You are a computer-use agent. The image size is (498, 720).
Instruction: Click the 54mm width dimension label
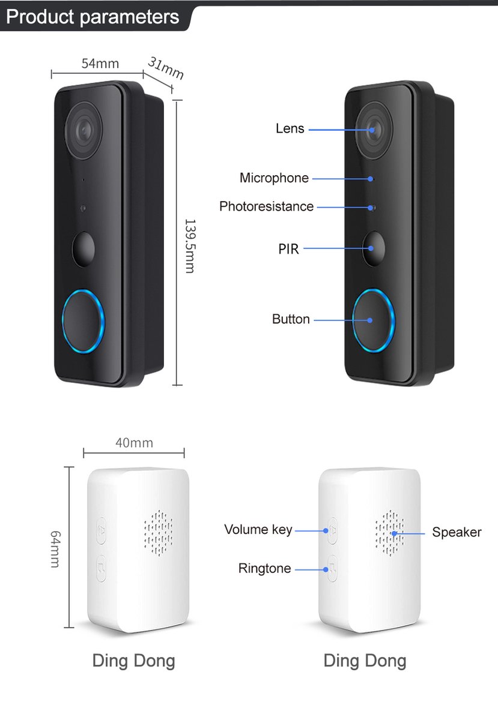(100, 64)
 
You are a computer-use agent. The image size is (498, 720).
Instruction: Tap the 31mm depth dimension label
(166, 68)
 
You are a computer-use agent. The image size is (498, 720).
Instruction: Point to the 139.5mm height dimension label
(190, 246)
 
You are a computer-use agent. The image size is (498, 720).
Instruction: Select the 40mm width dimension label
(134, 443)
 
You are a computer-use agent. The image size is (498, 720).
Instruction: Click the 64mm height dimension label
(55, 549)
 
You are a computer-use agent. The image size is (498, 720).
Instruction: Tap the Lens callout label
(290, 128)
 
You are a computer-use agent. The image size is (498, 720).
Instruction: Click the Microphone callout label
(274, 178)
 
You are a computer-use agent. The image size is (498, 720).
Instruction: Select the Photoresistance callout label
(266, 206)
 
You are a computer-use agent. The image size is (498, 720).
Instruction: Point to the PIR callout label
(288, 249)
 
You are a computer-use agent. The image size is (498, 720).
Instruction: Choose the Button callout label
(291, 319)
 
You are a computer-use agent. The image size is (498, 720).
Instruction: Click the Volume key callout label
(258, 529)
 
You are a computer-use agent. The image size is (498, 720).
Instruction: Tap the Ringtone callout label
(264, 568)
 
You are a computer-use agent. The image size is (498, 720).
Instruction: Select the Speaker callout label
(457, 532)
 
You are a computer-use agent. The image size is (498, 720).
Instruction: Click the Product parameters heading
(93, 17)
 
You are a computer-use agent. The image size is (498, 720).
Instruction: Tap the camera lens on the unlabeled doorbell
(84, 131)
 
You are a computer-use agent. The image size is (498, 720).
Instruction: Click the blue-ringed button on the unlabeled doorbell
(83, 321)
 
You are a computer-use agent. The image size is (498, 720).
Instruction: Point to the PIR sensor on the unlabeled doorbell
(84, 249)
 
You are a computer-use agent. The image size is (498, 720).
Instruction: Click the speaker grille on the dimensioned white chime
(158, 533)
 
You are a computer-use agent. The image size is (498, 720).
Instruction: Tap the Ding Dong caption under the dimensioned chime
(133, 661)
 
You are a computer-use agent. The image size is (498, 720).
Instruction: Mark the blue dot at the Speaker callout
(394, 533)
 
